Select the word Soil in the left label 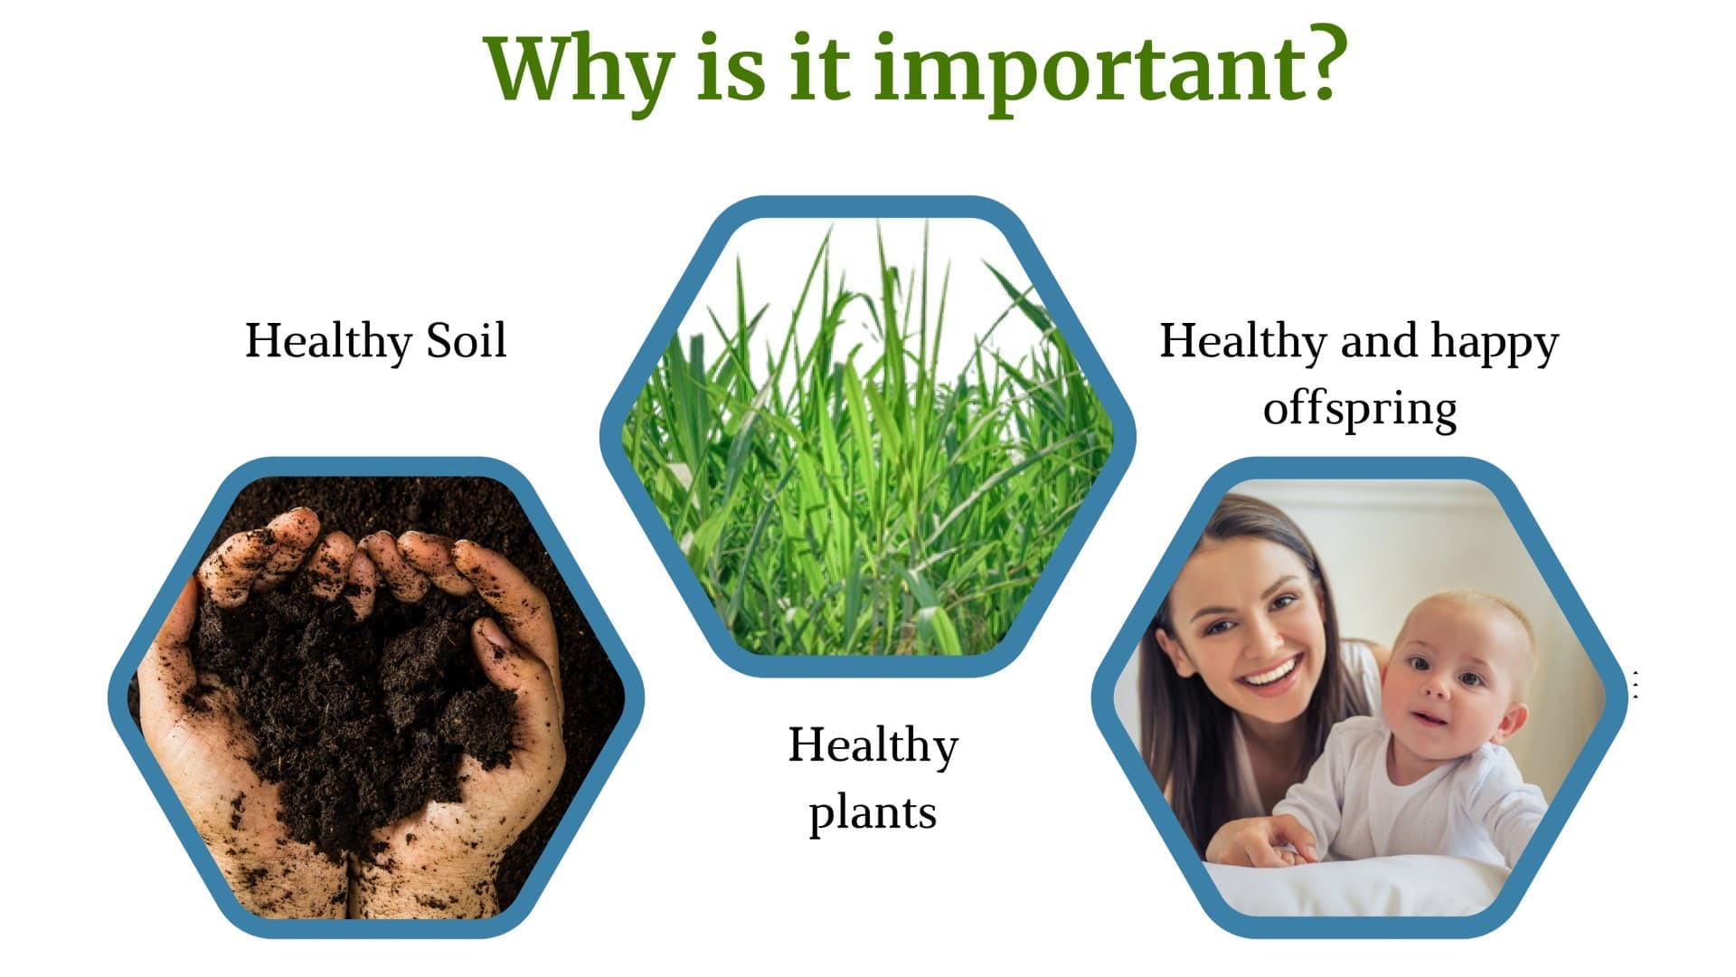pyautogui.click(x=466, y=341)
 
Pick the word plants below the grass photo pyautogui.click(x=873, y=812)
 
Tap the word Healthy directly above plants pyautogui.click(x=873, y=747)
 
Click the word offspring pyautogui.click(x=1360, y=409)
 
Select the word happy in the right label pyautogui.click(x=1495, y=343)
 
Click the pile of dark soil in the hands pyautogui.click(x=353, y=688)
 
